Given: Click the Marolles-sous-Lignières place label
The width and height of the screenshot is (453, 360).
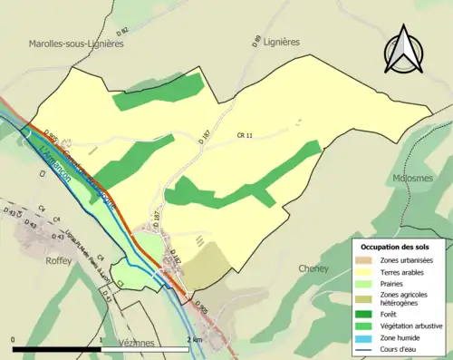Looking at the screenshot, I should [x=74, y=43].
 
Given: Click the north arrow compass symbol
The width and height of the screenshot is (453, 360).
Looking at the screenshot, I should [x=405, y=51].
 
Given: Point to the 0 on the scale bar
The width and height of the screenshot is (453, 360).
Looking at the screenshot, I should [x=14, y=338].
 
